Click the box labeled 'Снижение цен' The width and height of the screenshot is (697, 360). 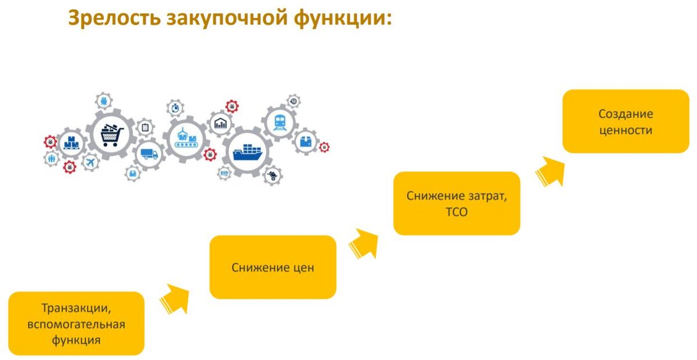272,267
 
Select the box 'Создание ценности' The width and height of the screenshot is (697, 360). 626,121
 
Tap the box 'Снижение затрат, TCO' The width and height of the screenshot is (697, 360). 457,203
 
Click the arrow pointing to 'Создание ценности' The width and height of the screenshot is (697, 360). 551,171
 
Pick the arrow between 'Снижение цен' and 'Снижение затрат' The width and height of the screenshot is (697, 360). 364,243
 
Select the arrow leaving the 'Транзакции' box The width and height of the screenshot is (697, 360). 175,299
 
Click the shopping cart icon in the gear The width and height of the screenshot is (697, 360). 113,135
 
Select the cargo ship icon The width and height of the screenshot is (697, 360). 247,152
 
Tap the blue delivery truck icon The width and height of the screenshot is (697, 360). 149,154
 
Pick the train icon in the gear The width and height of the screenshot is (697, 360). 279,122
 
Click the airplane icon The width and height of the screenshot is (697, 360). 90,163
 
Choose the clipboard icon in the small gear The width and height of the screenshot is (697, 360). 145,127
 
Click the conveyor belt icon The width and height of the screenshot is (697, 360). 185,137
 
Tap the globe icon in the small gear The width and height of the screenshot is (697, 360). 294,101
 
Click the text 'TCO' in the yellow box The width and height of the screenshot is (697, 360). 457,213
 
